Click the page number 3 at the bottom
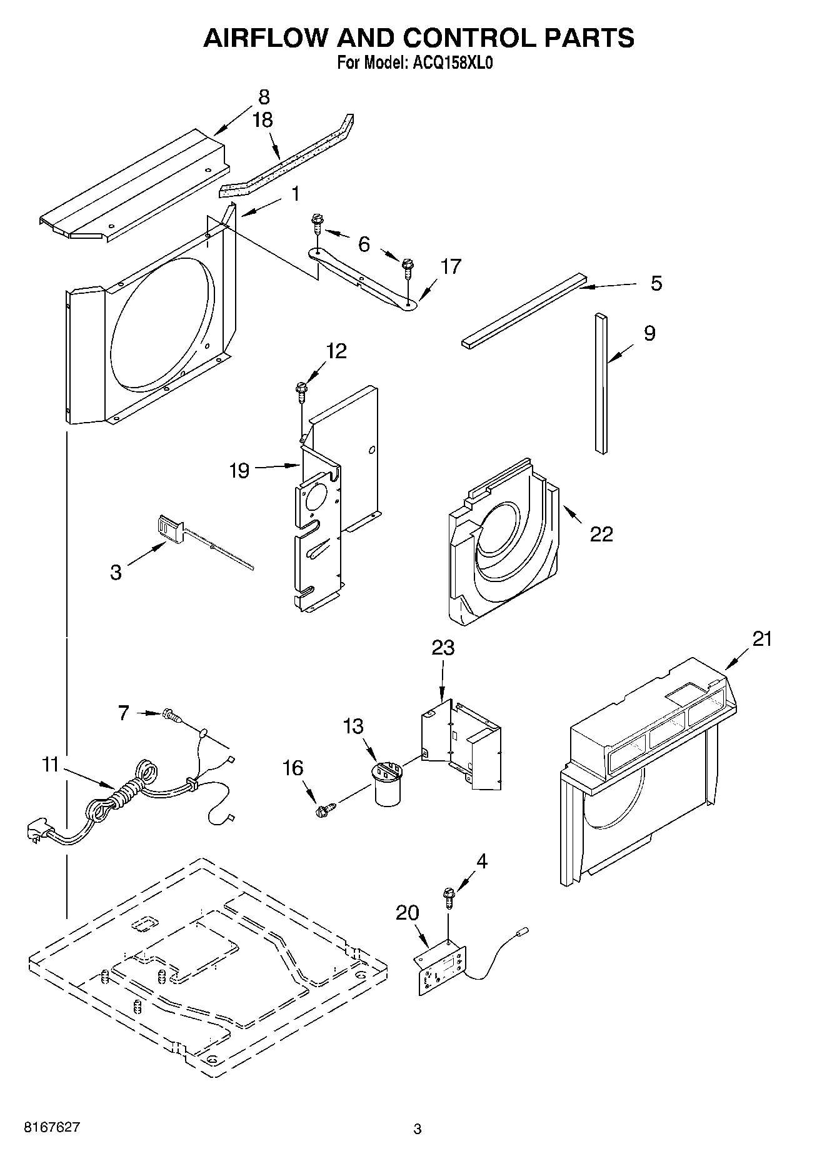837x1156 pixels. (417, 1129)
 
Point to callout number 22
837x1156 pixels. (601, 534)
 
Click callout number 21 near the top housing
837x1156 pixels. (762, 639)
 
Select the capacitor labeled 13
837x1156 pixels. (388, 784)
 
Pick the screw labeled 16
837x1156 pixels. (323, 811)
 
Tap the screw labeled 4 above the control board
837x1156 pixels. (448, 897)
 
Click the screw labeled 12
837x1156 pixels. (301, 390)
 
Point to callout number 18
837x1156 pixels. (263, 120)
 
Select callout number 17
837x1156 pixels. (450, 267)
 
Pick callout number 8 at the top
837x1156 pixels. (264, 97)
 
